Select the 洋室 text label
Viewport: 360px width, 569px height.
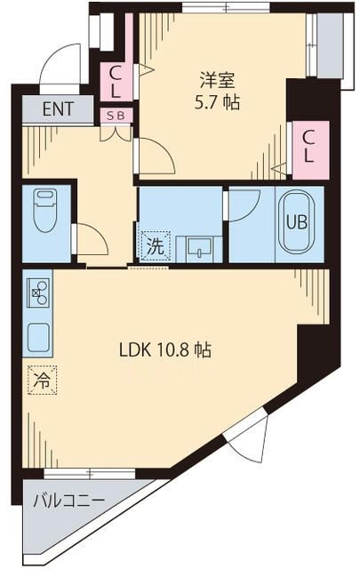pyautogui.click(x=217, y=78)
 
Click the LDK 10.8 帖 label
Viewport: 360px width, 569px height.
pyautogui.click(x=165, y=350)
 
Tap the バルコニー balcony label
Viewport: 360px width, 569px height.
pyautogui.click(x=69, y=501)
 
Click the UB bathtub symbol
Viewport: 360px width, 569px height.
pyautogui.click(x=295, y=222)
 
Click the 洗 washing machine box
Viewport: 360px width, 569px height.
pyautogui.click(x=155, y=245)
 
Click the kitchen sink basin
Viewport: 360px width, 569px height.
pyautogui.click(x=38, y=336)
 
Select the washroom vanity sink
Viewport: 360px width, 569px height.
pyautogui.click(x=198, y=248)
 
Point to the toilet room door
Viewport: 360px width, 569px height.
pyautogui.click(x=89, y=238)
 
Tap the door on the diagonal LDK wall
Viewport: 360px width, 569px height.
pyautogui.click(x=249, y=436)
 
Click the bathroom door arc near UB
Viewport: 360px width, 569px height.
pyautogui.click(x=243, y=203)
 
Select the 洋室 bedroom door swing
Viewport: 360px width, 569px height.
pyautogui.click(x=154, y=156)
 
